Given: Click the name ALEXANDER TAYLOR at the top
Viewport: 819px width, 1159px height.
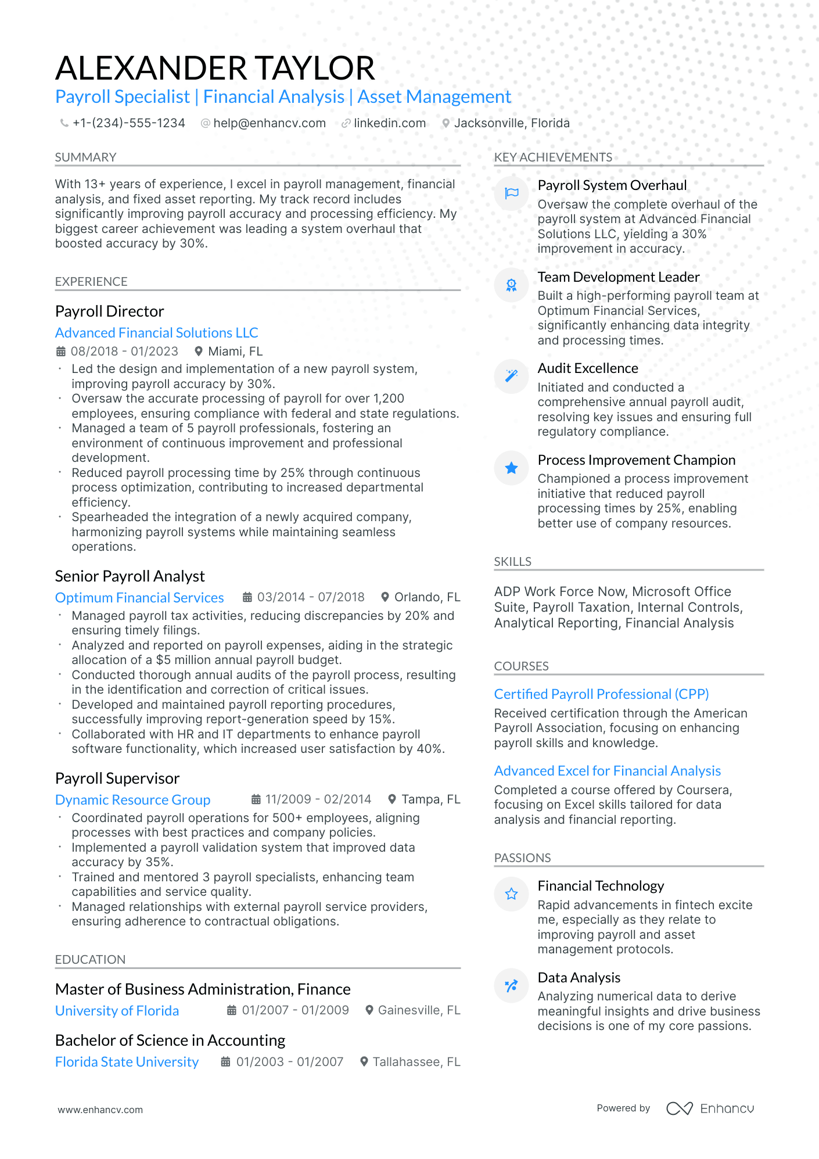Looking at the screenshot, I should point(215,68).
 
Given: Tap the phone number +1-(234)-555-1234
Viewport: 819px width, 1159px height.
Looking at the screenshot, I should point(128,123).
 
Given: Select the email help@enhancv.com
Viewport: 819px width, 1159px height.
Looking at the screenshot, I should point(269,123).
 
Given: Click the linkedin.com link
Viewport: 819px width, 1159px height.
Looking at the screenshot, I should point(389,123).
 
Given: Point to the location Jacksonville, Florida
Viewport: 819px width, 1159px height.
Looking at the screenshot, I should point(511,123).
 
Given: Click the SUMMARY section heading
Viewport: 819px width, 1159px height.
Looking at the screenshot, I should point(85,157).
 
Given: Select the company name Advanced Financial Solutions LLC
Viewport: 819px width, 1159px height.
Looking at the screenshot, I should point(156,333).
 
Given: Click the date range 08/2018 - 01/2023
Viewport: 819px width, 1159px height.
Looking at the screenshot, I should point(124,351).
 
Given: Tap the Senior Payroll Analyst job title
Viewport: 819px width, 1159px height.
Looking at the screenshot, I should point(130,576).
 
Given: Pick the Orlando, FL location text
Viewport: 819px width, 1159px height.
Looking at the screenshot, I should point(427,597).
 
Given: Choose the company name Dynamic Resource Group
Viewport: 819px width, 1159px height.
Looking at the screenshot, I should point(132,800).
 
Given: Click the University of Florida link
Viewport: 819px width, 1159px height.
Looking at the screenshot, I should point(117,1011).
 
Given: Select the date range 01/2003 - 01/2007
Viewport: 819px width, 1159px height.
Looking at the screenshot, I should point(289,1062).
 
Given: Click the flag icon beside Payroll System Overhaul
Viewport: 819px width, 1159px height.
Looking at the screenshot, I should point(511,193).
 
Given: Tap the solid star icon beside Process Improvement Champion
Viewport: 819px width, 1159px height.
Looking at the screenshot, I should point(511,468).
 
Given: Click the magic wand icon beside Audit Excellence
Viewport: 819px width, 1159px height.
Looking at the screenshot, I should point(511,376).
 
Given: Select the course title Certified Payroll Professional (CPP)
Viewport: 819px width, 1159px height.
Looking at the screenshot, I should point(601,694).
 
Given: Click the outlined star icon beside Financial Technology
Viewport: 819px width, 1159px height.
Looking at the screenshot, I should point(511,894).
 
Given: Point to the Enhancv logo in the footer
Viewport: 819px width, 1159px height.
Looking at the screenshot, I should point(710,1108).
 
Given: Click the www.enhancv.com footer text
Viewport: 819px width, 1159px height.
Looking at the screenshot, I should point(100,1110).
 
